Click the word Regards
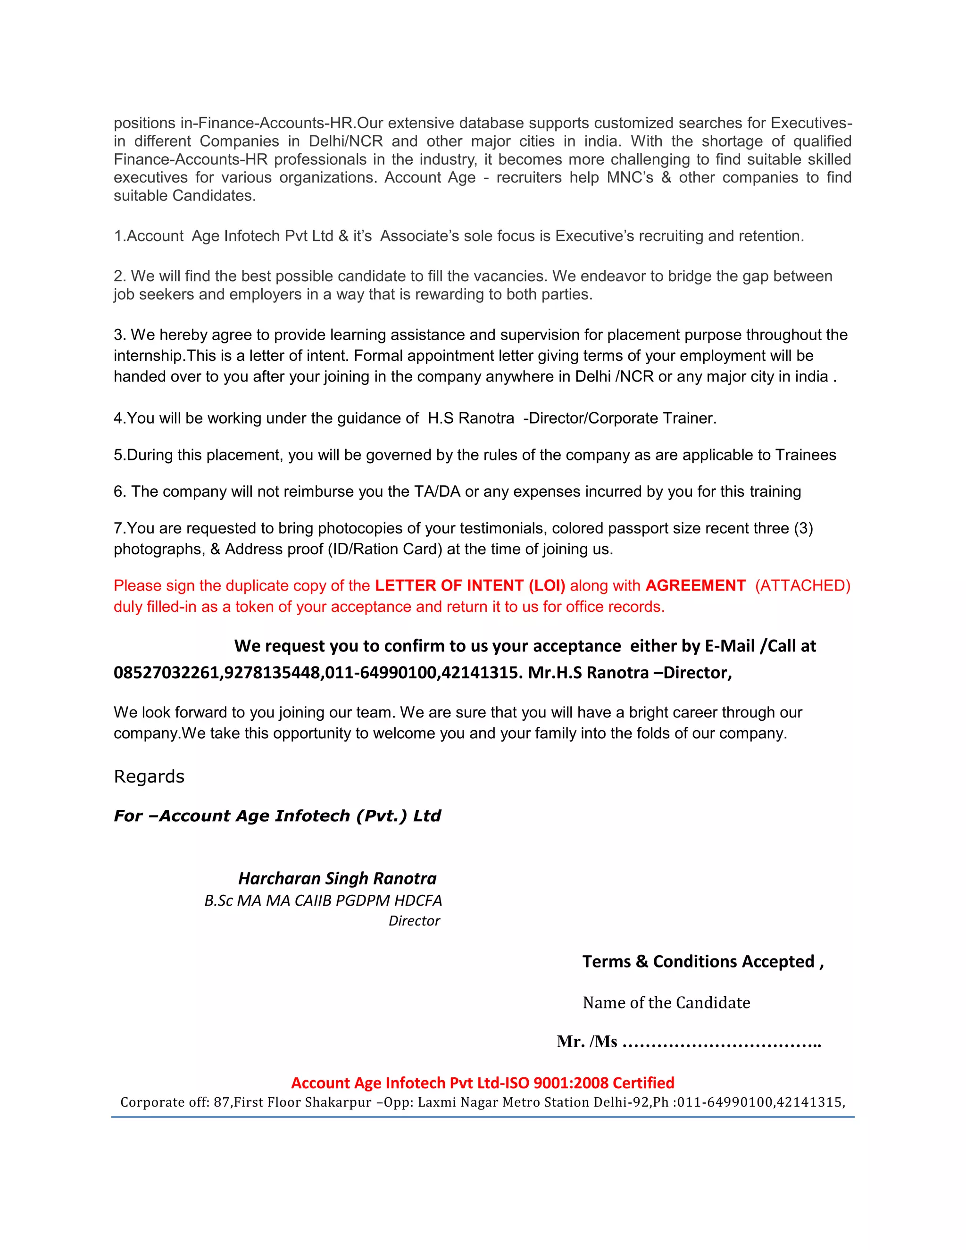click(x=149, y=777)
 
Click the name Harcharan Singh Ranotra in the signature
click(x=337, y=879)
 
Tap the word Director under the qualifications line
click(x=414, y=921)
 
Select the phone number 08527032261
click(x=167, y=673)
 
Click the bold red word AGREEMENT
click(x=695, y=585)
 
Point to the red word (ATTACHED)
click(x=802, y=585)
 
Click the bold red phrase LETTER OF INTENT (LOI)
click(x=470, y=585)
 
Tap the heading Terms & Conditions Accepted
click(x=702, y=961)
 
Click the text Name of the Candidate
click(x=666, y=1003)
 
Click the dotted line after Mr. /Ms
click(x=721, y=1043)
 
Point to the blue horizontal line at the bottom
click(x=483, y=1117)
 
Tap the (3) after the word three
click(x=803, y=528)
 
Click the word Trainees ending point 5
click(x=805, y=455)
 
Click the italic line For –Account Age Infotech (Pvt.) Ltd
click(x=277, y=816)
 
